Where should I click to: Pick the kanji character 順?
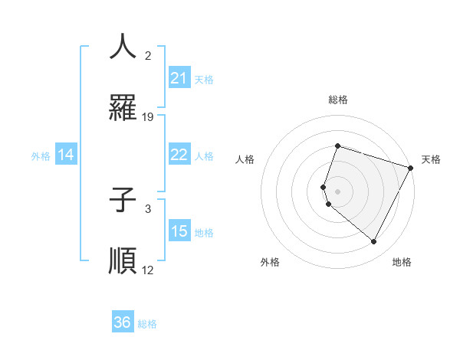pyautogui.click(x=123, y=261)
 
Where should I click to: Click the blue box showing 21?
pyautogui.click(x=179, y=78)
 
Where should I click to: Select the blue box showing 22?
pyautogui.click(x=179, y=155)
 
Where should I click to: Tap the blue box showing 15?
pyautogui.click(x=179, y=231)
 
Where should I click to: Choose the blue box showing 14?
pyautogui.click(x=66, y=155)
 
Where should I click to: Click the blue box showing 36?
pyautogui.click(x=123, y=323)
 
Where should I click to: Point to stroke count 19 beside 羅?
pyautogui.click(x=148, y=117)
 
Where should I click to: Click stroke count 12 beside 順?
pyautogui.click(x=148, y=270)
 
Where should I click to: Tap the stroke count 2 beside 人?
pyautogui.click(x=148, y=56)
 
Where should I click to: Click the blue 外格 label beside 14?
pyautogui.click(x=41, y=155)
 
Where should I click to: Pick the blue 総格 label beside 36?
pyautogui.click(x=147, y=324)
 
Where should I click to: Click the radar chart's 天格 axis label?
pyautogui.click(x=431, y=159)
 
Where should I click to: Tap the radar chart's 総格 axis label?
pyautogui.click(x=338, y=100)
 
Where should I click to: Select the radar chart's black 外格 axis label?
pyautogui.click(x=270, y=262)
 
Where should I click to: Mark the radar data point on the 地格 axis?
pyautogui.click(x=374, y=242)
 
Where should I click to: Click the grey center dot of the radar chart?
pyautogui.click(x=338, y=191)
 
